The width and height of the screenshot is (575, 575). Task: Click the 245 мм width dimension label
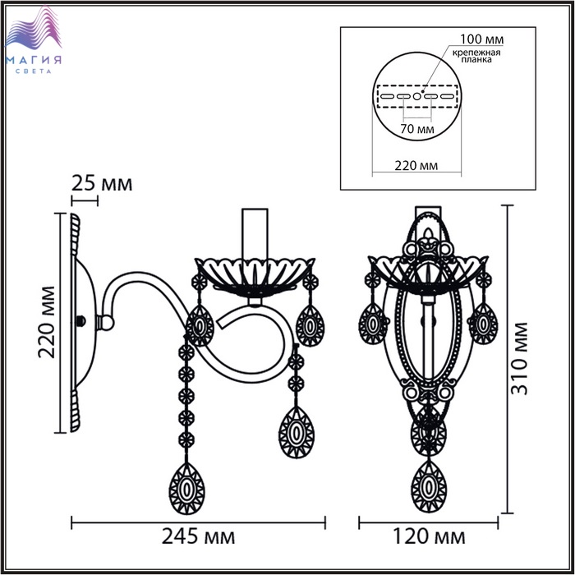tap(198, 537)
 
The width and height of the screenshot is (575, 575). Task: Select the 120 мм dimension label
tap(429, 537)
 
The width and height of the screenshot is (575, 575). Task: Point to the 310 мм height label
tap(519, 359)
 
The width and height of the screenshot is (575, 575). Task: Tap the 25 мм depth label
tap(102, 183)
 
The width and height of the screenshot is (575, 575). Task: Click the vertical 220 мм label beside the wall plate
tap(47, 322)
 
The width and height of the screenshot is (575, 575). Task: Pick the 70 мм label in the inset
tap(417, 129)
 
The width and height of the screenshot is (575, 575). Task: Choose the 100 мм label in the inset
tap(481, 39)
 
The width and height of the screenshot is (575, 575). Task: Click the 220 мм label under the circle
tap(416, 166)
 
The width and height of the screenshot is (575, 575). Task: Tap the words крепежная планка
tap(476, 56)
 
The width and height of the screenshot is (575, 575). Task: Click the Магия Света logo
tap(34, 39)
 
